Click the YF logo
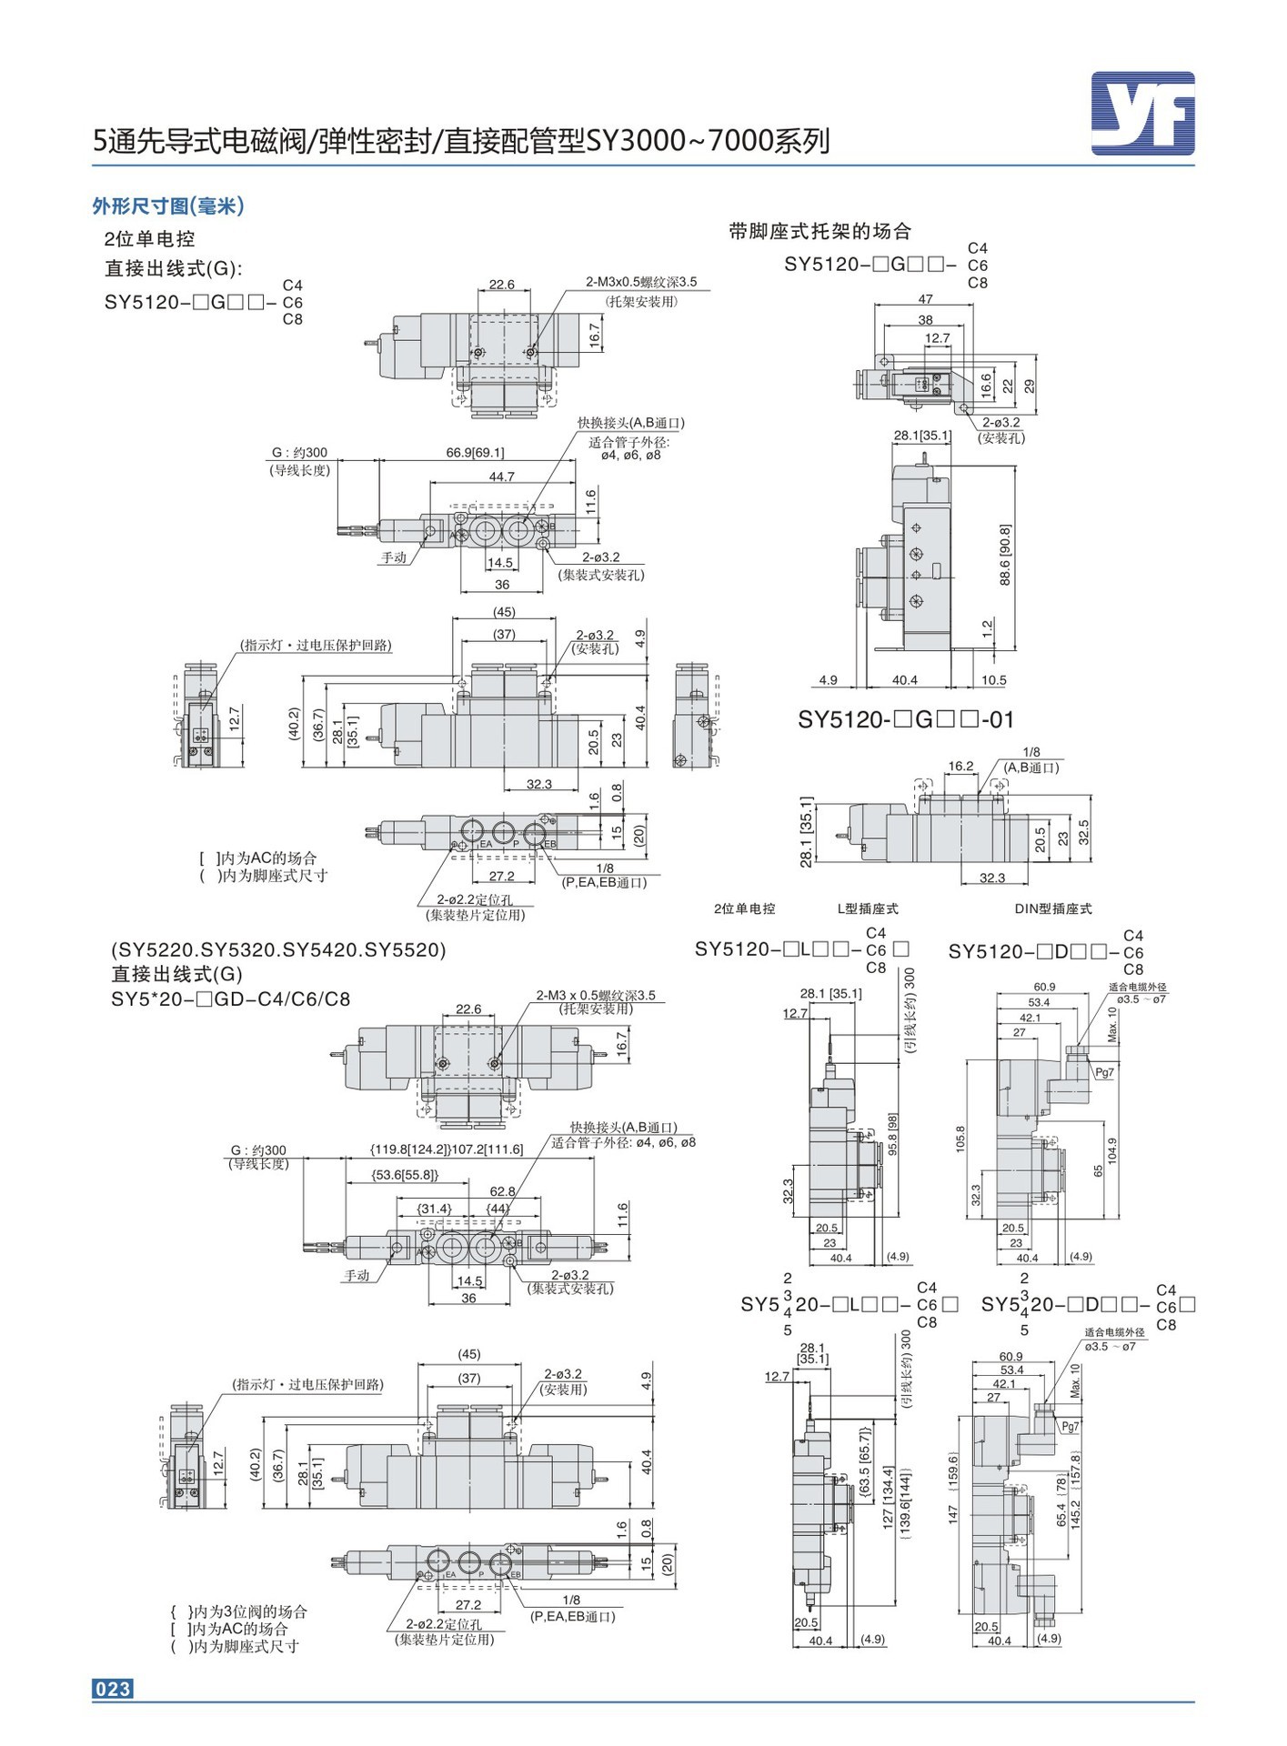[x=1142, y=114]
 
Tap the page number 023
[x=113, y=1689]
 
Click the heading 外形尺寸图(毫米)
[x=168, y=206]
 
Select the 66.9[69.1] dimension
[x=475, y=452]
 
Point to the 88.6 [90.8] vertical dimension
[x=1005, y=554]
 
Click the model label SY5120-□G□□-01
[x=905, y=720]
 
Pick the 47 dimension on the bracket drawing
[x=925, y=299]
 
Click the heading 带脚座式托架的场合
[x=819, y=231]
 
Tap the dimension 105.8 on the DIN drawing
[x=960, y=1139]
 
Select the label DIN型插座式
[x=1052, y=908]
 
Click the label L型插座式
[x=867, y=908]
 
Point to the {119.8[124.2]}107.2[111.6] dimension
[x=447, y=1149]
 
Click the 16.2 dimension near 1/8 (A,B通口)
[x=960, y=767]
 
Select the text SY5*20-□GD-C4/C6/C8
[x=230, y=998]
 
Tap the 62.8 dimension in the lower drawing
[x=502, y=1191]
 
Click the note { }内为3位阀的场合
[x=239, y=1611]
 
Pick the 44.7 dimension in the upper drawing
[x=501, y=477]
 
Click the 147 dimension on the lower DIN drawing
[x=952, y=1513]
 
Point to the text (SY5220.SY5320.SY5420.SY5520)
[x=278, y=949]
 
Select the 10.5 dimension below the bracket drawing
[x=993, y=680]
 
